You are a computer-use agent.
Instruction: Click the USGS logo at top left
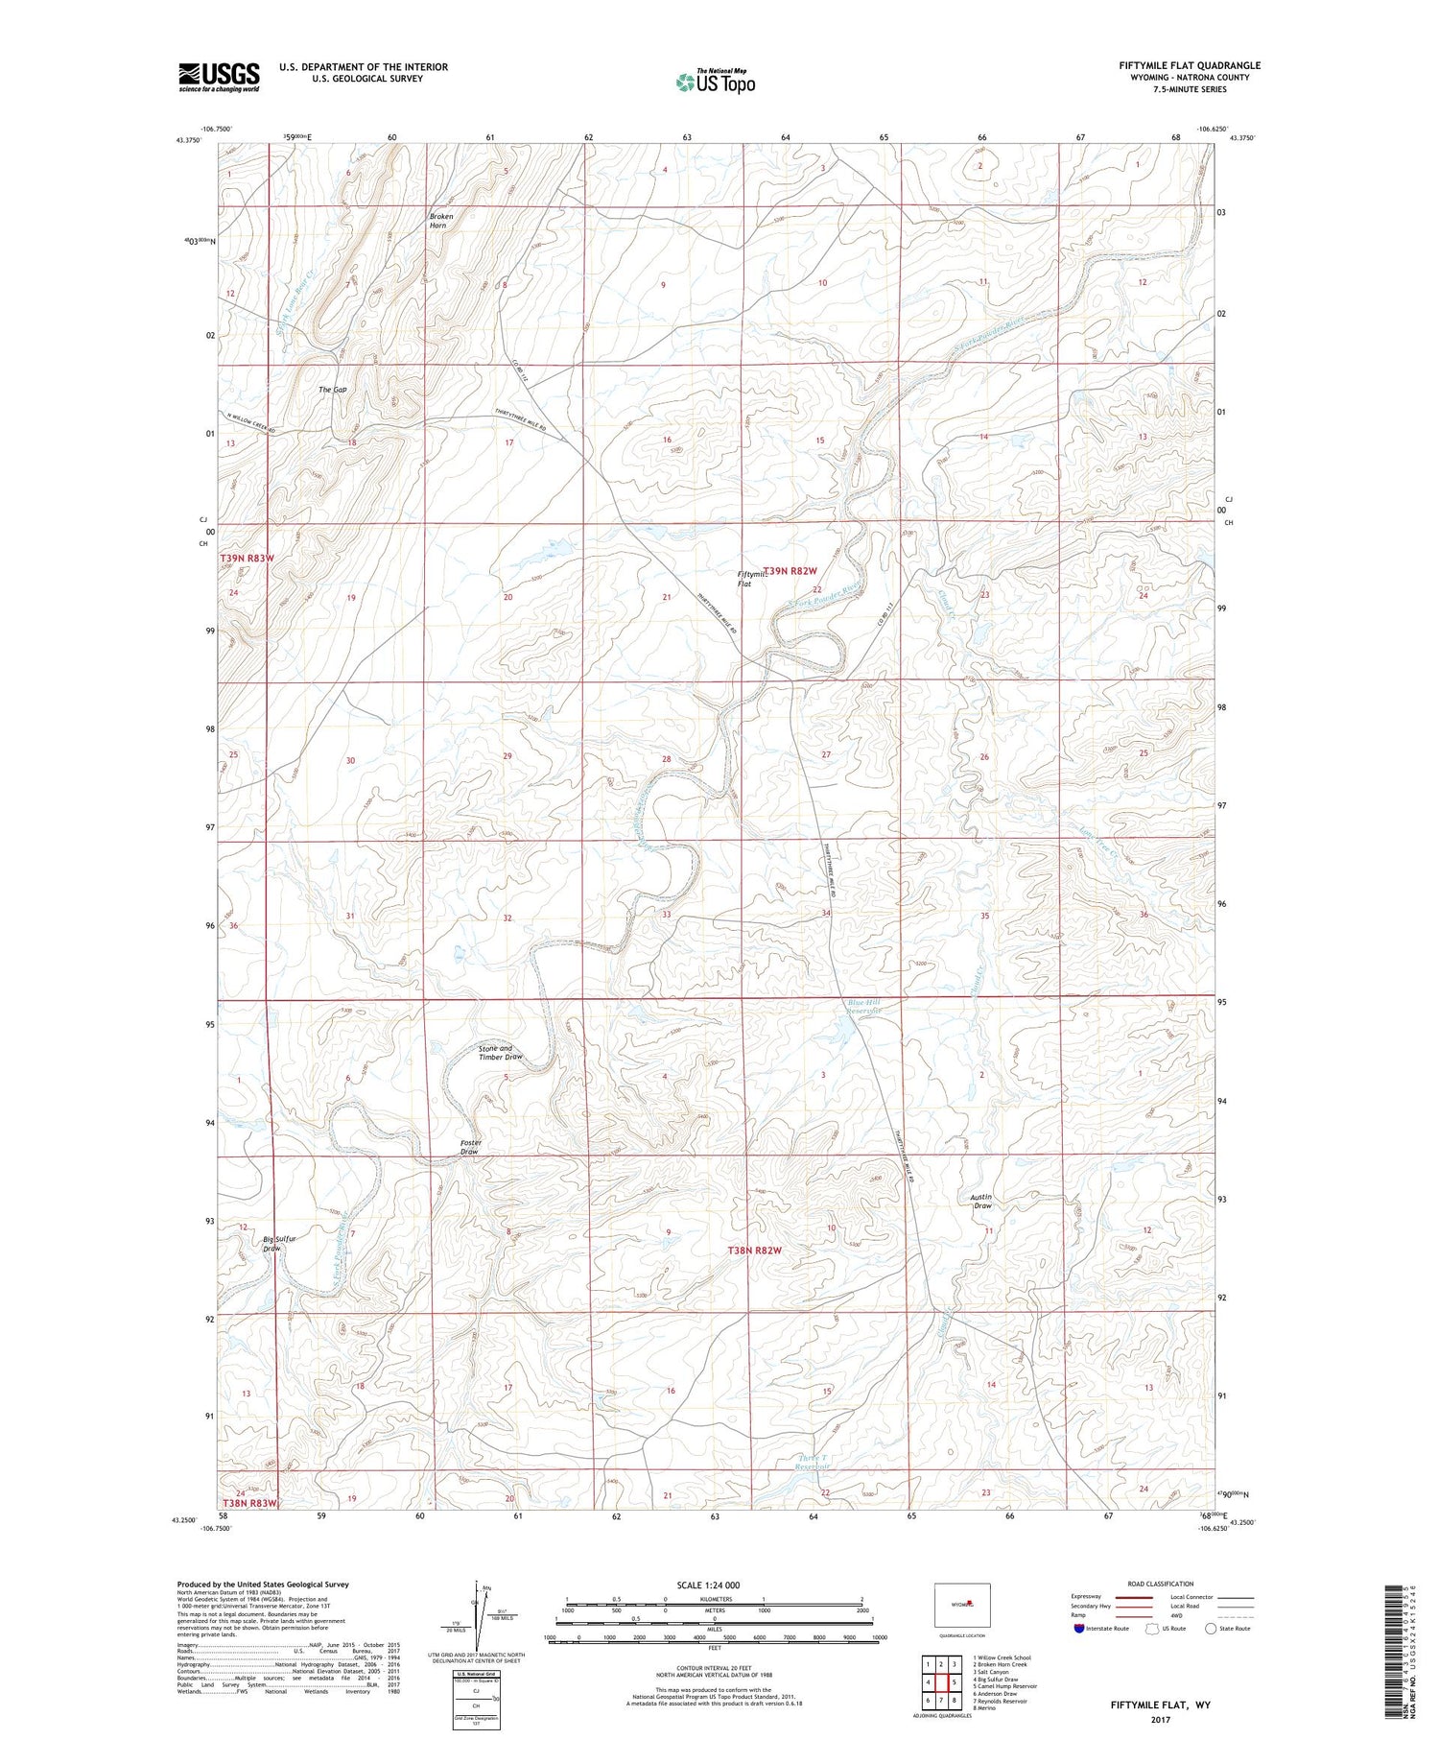tap(219, 77)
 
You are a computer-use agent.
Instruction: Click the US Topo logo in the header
tap(715, 83)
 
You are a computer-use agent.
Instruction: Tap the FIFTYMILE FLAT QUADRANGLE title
tap(1189, 65)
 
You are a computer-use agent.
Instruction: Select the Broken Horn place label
tap(440, 221)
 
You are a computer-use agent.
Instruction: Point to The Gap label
tap(332, 390)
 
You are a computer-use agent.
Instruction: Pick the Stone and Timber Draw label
tap(500, 1053)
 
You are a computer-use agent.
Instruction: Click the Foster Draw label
tap(470, 1147)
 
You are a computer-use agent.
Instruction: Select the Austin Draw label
tap(980, 1201)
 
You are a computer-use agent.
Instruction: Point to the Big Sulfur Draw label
tap(279, 1244)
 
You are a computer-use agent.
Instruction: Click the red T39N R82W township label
tap(789, 570)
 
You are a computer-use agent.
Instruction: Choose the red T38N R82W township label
tap(754, 1251)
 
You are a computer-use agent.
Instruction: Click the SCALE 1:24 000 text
tap(704, 1585)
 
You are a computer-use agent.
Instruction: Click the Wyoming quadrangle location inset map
tap(961, 1605)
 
